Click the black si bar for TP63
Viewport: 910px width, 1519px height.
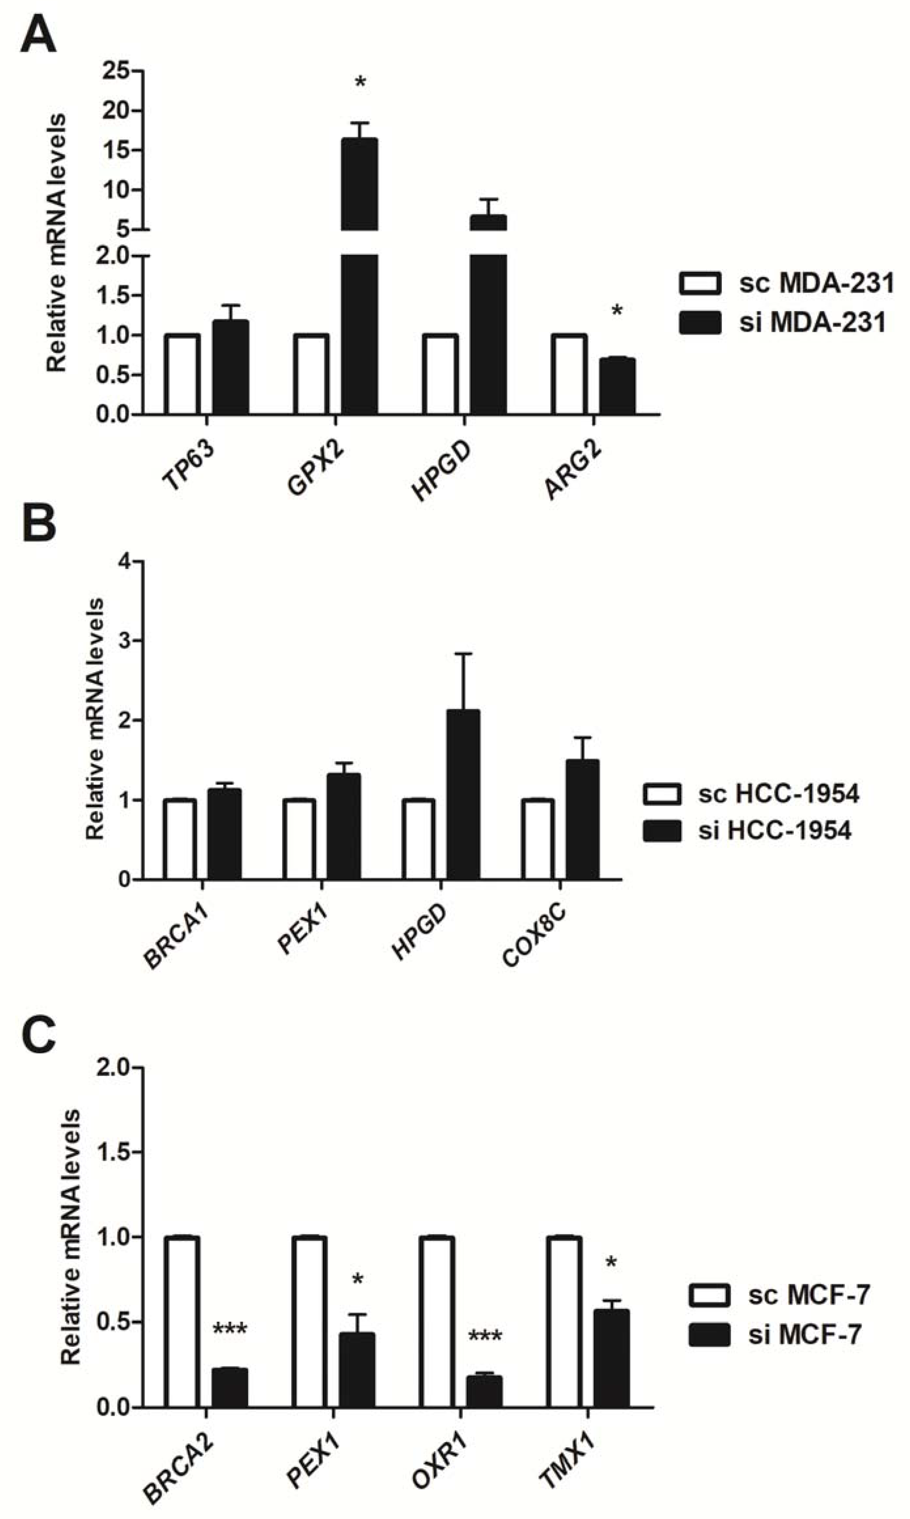pyautogui.click(x=231, y=367)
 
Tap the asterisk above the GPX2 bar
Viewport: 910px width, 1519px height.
pyautogui.click(x=360, y=82)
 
